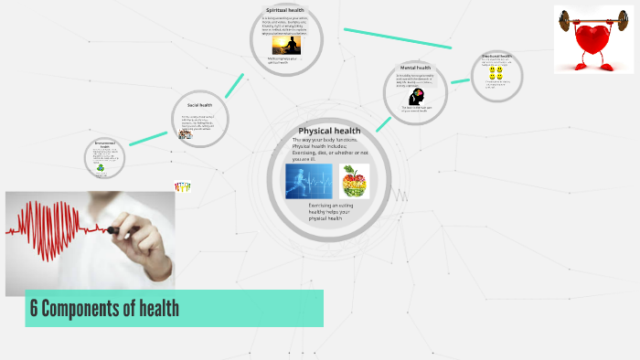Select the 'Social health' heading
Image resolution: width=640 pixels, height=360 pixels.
[x=199, y=105]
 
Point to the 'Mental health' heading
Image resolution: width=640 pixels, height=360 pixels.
[x=417, y=68]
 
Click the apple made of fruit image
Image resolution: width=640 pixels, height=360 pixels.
[x=354, y=181]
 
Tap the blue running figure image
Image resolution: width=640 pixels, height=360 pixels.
[x=308, y=181]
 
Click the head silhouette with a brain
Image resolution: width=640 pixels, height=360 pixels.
[x=418, y=96]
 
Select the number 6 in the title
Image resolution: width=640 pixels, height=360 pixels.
[x=34, y=308]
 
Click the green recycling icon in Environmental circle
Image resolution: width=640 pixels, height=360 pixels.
[x=101, y=167]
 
